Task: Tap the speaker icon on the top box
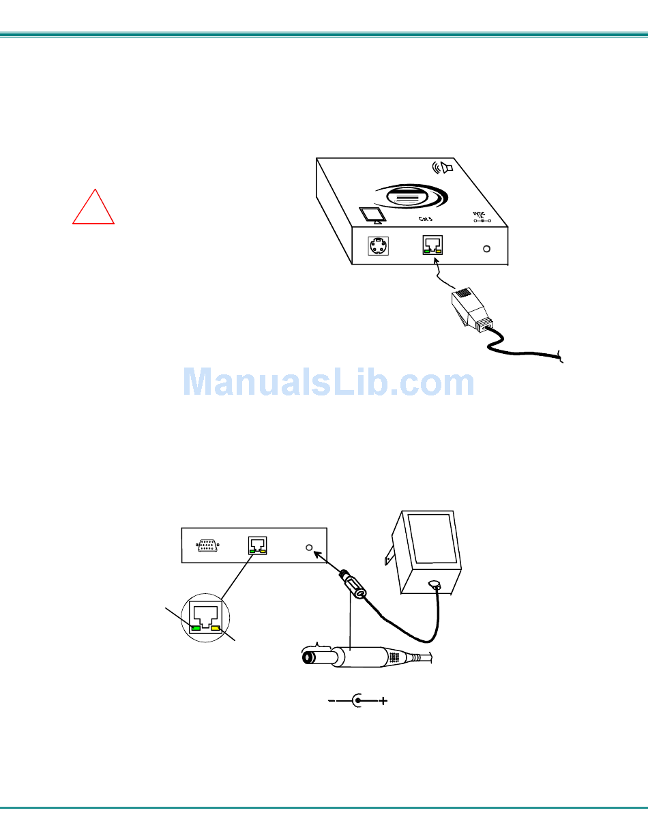tap(443, 168)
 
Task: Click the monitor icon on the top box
tap(373, 215)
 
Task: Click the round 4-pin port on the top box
tap(378, 246)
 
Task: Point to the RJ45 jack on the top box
tap(432, 245)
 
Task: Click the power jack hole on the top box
tap(486, 248)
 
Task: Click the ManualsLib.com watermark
tap(328, 383)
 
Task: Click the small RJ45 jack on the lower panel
tap(258, 545)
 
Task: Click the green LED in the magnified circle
tap(196, 628)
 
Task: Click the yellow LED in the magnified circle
tap(217, 628)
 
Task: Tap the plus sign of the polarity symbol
tap(383, 701)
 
